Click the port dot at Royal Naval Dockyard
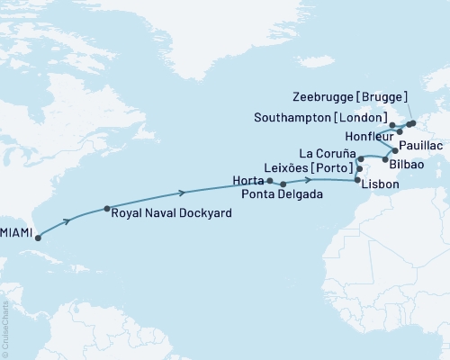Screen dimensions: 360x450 point(107,208)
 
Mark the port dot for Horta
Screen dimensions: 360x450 point(270,180)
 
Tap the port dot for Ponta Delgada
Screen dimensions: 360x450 point(284,184)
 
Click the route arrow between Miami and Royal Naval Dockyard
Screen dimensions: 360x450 point(67,220)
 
